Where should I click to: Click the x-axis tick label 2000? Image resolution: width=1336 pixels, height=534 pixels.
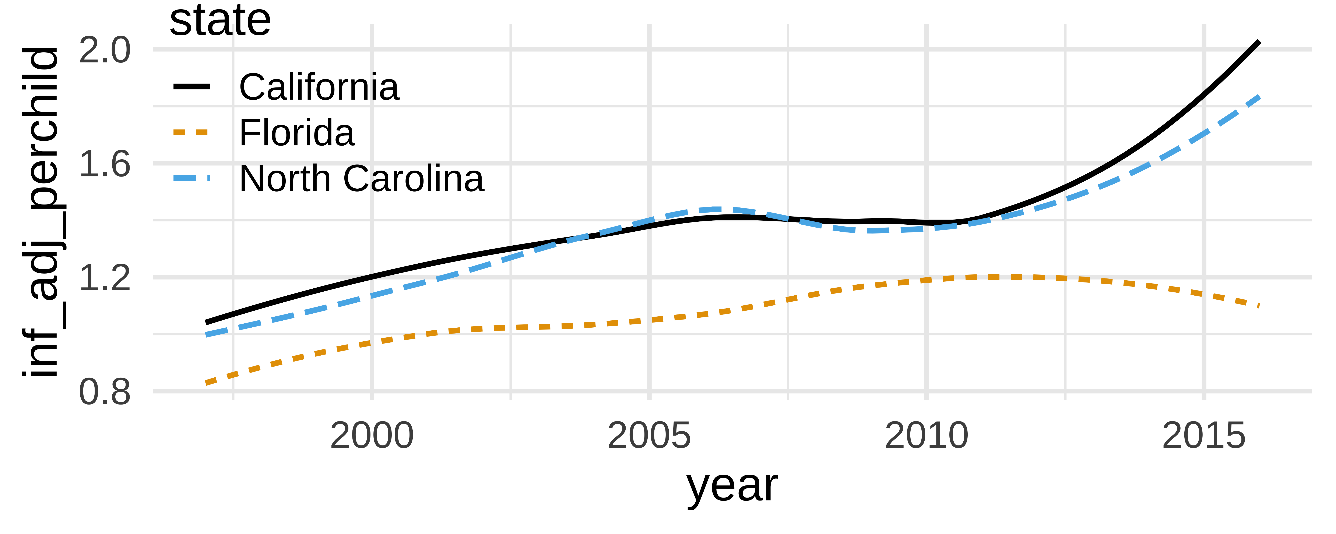(372, 436)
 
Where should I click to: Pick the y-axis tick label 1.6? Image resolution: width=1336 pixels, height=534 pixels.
(105, 164)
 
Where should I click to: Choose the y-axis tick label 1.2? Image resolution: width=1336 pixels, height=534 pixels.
(105, 278)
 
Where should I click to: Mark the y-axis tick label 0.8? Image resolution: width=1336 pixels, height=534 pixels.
(105, 392)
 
